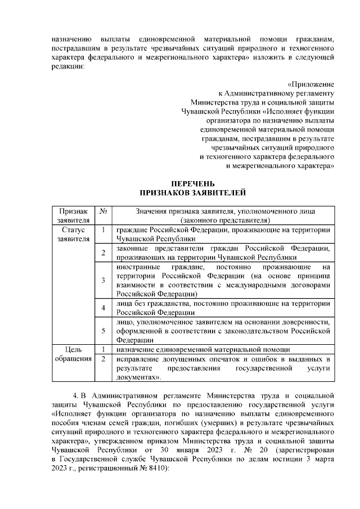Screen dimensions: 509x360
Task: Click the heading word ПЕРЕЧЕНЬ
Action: click(x=192, y=183)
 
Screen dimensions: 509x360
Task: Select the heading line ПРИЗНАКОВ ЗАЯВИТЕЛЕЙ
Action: click(x=192, y=193)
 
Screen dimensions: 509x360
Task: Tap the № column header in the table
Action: click(x=103, y=211)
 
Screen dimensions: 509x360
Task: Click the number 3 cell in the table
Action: click(x=103, y=281)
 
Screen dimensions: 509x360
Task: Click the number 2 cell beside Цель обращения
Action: click(x=103, y=358)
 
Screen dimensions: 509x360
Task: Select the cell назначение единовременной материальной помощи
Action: click(x=203, y=349)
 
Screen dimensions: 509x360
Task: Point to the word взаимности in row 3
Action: click(x=136, y=285)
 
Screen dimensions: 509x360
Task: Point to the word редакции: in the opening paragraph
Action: click(x=67, y=66)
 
